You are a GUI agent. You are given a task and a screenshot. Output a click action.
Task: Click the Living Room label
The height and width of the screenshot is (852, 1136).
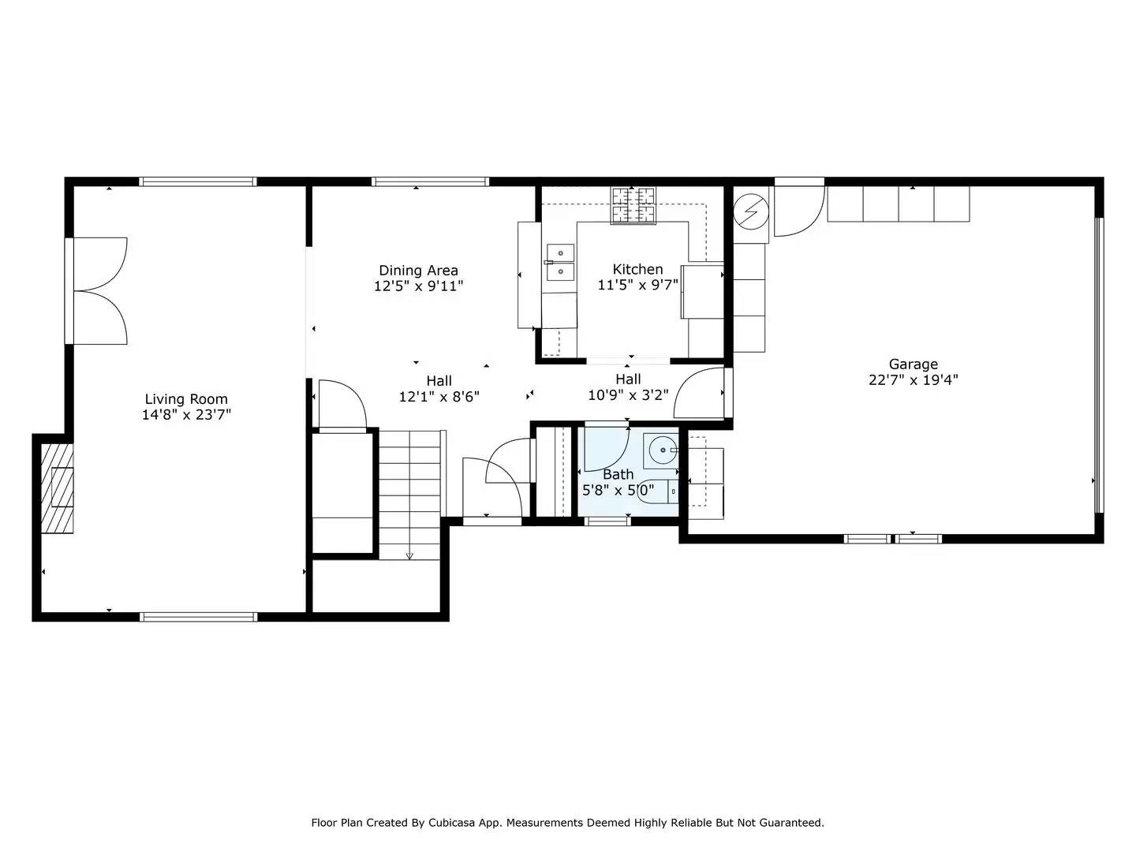click(x=186, y=399)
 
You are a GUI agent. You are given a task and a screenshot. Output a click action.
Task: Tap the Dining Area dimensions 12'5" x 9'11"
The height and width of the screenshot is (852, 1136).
click(x=418, y=286)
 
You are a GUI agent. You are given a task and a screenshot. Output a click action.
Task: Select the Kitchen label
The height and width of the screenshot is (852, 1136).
click(x=637, y=269)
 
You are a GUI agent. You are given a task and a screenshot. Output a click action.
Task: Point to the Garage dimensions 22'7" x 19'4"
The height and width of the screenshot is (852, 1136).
click(x=914, y=379)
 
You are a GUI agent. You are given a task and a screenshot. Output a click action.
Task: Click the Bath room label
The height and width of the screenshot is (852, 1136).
click(x=618, y=474)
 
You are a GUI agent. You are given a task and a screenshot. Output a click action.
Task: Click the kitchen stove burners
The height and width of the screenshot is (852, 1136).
click(x=633, y=205)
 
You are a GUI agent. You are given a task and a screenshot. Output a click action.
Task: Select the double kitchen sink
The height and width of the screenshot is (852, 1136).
click(x=560, y=262)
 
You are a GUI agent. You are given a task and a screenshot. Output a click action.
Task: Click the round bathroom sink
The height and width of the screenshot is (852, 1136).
click(x=661, y=451)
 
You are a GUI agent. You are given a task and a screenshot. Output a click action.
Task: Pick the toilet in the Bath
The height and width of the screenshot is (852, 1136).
click(x=658, y=491)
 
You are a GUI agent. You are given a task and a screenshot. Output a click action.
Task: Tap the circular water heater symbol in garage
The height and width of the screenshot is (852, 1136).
click(x=750, y=211)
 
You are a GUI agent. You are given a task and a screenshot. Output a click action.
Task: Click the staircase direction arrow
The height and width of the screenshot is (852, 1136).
click(x=409, y=555)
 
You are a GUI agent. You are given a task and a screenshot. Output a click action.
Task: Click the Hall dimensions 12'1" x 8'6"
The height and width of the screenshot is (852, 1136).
click(x=439, y=397)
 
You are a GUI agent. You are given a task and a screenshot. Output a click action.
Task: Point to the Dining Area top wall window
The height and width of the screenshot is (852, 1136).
click(x=430, y=181)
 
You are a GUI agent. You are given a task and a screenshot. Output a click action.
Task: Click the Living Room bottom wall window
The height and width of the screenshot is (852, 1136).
click(x=198, y=617)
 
